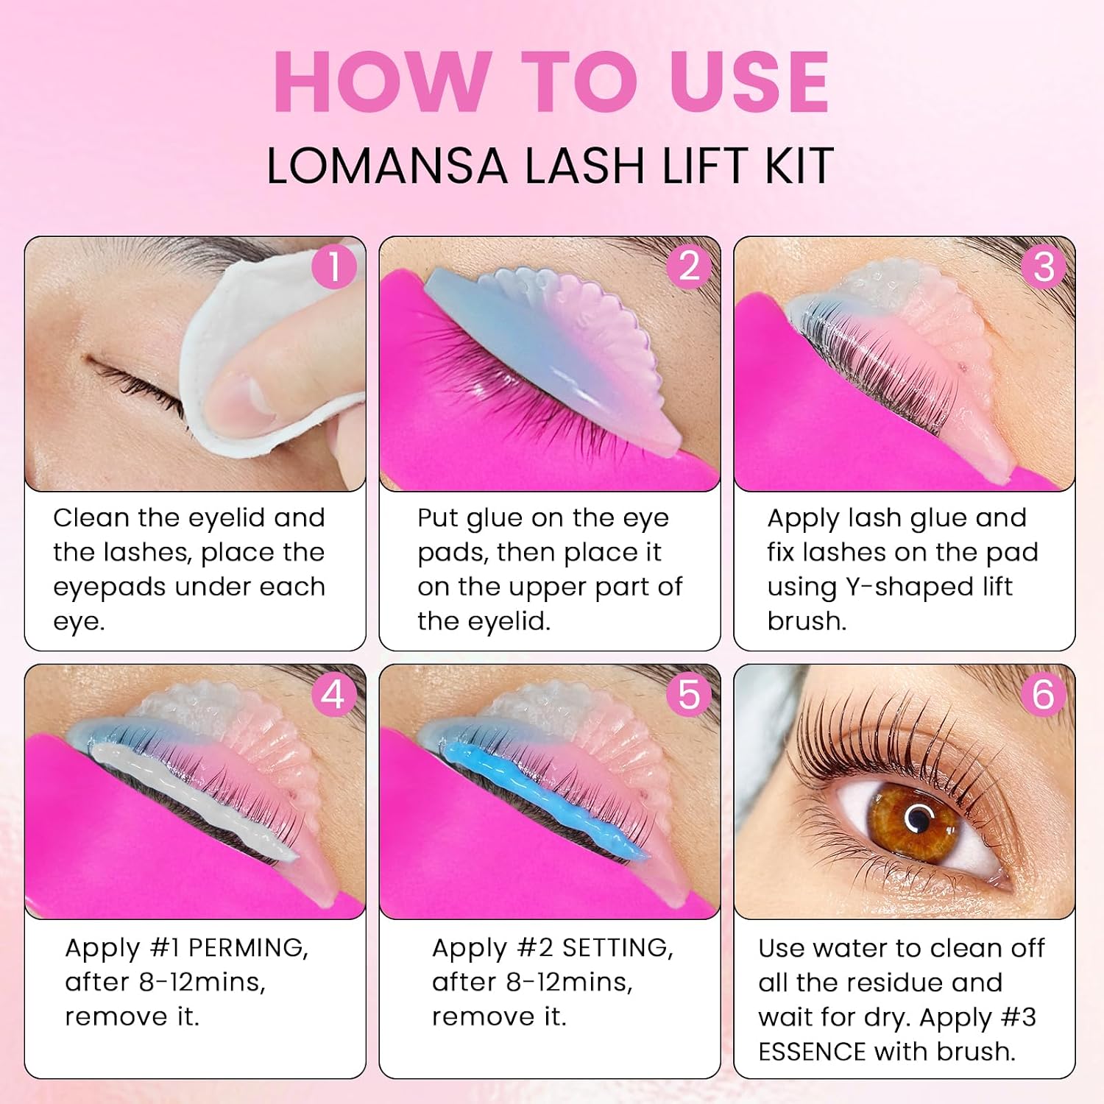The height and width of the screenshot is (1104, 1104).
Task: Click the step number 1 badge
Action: pyautogui.click(x=334, y=266)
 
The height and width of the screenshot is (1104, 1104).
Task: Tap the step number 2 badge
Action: pyautogui.click(x=689, y=266)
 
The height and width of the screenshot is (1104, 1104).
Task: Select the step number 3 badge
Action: pyautogui.click(x=1044, y=266)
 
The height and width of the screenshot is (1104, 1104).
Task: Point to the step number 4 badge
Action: pyautogui.click(x=334, y=694)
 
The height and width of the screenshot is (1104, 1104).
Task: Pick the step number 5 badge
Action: pyautogui.click(x=689, y=694)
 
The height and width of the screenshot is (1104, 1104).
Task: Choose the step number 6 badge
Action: pyautogui.click(x=1044, y=694)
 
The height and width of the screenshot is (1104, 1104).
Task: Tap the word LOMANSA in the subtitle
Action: pyautogui.click(x=387, y=166)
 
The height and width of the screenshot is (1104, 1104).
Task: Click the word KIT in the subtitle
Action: pyautogui.click(x=799, y=166)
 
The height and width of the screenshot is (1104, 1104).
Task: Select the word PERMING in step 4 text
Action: pyautogui.click(x=248, y=948)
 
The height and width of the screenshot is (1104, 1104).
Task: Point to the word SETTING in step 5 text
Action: pyautogui.click(x=618, y=948)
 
